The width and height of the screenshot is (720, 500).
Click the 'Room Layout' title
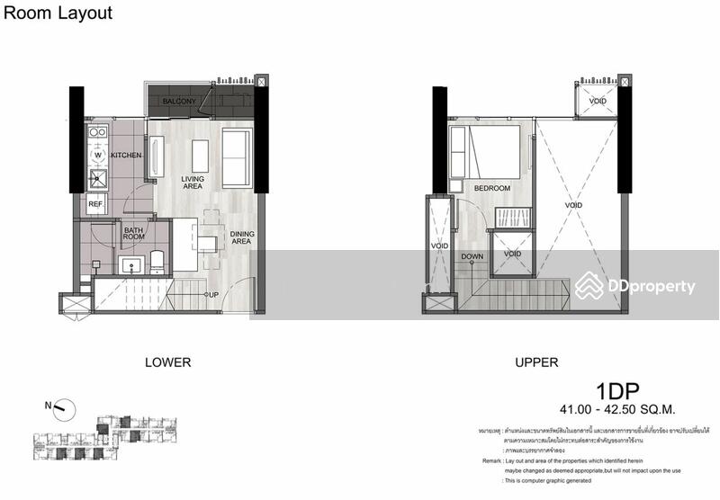58,13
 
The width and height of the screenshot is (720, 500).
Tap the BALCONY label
179,102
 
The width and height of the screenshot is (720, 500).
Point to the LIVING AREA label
193,183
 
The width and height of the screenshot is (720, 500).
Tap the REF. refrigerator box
96,205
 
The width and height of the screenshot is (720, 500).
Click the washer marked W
97,155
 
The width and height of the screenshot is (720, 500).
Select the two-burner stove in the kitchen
96,133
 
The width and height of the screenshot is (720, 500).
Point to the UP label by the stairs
212,295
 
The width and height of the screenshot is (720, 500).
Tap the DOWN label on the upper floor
472,256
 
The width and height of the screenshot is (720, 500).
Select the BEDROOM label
491,189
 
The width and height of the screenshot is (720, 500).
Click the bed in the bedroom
491,150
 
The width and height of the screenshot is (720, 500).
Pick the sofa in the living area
238,157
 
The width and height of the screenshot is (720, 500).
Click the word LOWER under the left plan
167,363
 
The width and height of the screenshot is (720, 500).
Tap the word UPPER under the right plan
536,363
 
